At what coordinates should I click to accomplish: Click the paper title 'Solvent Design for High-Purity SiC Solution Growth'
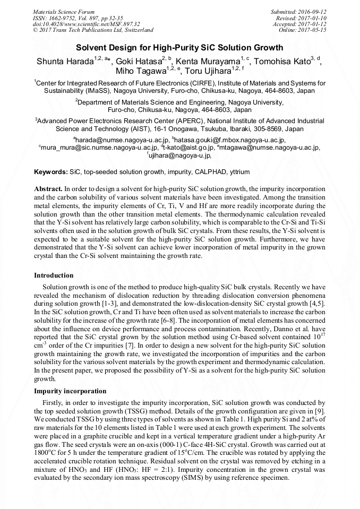(x=179, y=47)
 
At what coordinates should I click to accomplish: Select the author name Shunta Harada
(x=65, y=62)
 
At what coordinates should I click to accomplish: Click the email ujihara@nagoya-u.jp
(x=181, y=156)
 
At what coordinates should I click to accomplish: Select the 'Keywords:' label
(x=50, y=172)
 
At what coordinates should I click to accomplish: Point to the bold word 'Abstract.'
(x=48, y=189)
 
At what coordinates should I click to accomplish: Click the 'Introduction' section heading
(x=54, y=275)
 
